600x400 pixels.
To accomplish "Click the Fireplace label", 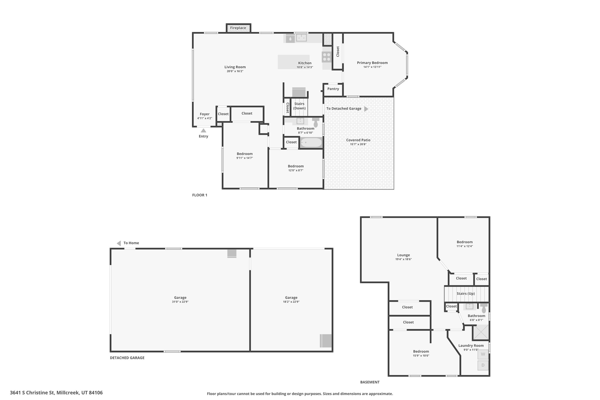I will (238, 28).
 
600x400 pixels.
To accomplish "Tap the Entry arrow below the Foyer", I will (203, 131).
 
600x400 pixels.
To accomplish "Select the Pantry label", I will (333, 89).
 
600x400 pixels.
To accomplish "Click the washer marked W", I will (483, 354).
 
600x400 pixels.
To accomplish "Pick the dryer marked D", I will (483, 365).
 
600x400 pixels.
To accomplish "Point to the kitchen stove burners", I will (326, 57).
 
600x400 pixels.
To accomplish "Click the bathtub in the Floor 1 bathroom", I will (311, 143).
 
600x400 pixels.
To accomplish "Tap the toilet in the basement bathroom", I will (484, 308).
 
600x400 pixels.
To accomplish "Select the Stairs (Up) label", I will (466, 294).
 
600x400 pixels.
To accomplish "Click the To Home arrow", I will (119, 243).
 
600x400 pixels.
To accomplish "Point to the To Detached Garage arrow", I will (366, 109).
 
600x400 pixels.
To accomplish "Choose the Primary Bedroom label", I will (372, 63).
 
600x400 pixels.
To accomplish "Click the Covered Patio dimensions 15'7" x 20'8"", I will (358, 144).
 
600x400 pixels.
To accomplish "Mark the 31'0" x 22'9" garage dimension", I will (180, 302).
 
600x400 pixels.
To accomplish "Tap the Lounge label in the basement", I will (403, 255).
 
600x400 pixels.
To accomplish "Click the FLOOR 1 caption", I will (200, 195).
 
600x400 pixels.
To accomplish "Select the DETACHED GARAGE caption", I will (127, 358).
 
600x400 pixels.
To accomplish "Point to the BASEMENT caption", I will (370, 382).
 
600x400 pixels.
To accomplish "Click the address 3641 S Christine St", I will (56, 393).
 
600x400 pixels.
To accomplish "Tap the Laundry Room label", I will (471, 346).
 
